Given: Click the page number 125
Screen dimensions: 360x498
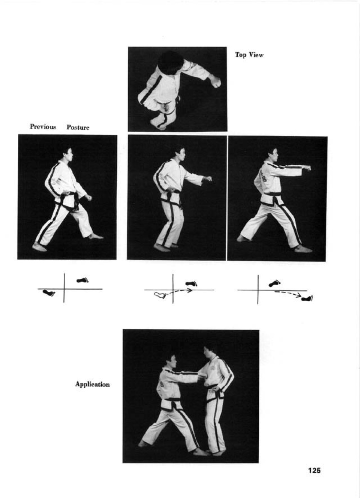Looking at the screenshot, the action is (x=314, y=470).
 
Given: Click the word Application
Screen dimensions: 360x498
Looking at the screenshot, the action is (x=92, y=384).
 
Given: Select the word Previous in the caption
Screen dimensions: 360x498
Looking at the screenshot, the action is (x=43, y=127).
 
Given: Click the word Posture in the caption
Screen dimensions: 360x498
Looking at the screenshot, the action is (x=78, y=127).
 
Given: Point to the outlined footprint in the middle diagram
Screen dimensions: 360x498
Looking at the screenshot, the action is (x=160, y=295).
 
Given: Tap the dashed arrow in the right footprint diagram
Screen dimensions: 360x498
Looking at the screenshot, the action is (x=288, y=293).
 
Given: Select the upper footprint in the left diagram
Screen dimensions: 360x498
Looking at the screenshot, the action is (x=82, y=280).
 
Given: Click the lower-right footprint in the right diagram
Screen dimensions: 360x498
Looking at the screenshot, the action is (x=307, y=298).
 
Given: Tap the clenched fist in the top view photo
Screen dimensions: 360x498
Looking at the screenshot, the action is (x=215, y=82).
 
